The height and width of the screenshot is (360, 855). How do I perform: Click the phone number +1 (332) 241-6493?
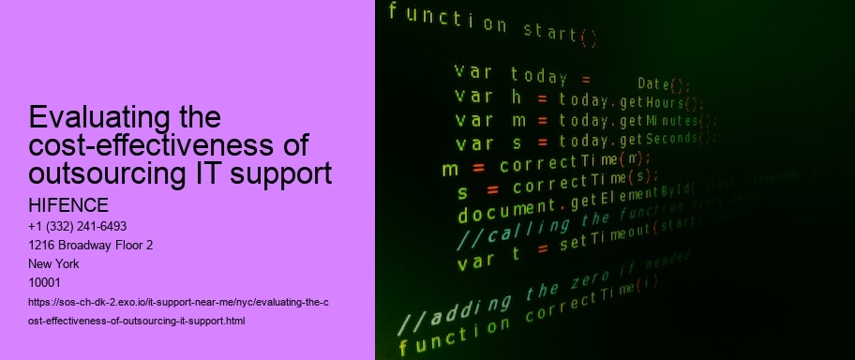pos(79,227)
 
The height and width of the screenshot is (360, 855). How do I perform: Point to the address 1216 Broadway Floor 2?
pos(92,246)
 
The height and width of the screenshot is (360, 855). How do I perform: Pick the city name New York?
pos(55,264)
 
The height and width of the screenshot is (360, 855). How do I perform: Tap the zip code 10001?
pos(45,282)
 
